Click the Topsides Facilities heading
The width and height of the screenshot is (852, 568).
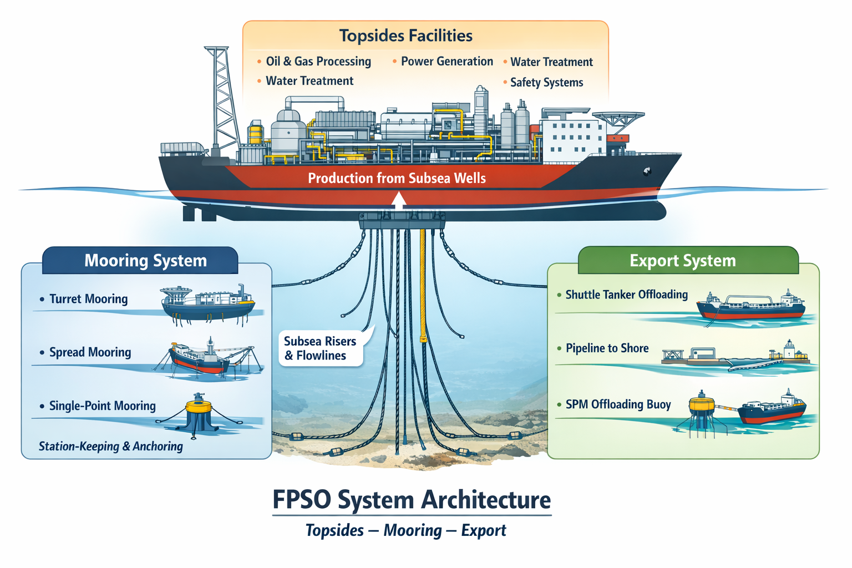pyautogui.click(x=405, y=36)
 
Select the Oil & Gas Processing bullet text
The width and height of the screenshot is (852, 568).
pyautogui.click(x=318, y=62)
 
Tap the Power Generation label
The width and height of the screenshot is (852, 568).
pyautogui.click(x=447, y=62)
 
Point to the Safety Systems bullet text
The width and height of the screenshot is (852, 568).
pyautogui.click(x=546, y=83)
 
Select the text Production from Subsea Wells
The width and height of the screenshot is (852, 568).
pyautogui.click(x=397, y=178)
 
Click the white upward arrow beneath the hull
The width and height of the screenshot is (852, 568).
pyautogui.click(x=398, y=201)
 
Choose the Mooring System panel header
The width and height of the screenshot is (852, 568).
pyautogui.click(x=145, y=261)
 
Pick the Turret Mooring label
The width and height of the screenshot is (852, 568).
pyautogui.click(x=88, y=299)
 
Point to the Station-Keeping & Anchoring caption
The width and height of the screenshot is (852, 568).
pyautogui.click(x=110, y=447)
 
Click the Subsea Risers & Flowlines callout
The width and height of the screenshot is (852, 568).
pyautogui.click(x=320, y=348)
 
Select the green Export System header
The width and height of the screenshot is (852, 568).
pyautogui.click(x=682, y=261)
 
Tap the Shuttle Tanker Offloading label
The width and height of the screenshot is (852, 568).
pyautogui.click(x=626, y=295)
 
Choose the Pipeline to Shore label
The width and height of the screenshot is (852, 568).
pyautogui.click(x=607, y=348)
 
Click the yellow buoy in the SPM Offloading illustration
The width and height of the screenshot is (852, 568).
pyautogui.click(x=701, y=405)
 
